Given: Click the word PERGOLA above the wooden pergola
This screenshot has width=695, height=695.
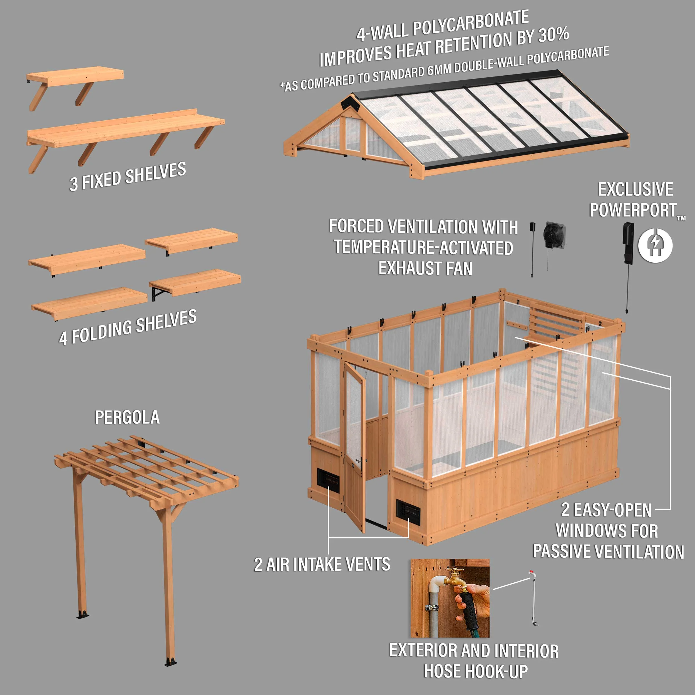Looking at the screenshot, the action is click(127, 417).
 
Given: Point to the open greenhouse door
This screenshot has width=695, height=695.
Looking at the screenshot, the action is click(354, 448).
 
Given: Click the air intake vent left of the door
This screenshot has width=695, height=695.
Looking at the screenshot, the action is click(328, 481).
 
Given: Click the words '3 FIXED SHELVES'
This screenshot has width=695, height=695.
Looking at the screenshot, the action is click(128, 176).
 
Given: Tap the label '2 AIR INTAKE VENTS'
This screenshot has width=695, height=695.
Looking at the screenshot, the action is click(322, 564).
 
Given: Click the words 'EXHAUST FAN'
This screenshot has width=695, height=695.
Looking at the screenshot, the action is click(425, 268).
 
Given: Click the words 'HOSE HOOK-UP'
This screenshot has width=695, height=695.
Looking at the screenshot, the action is click(476, 671).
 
